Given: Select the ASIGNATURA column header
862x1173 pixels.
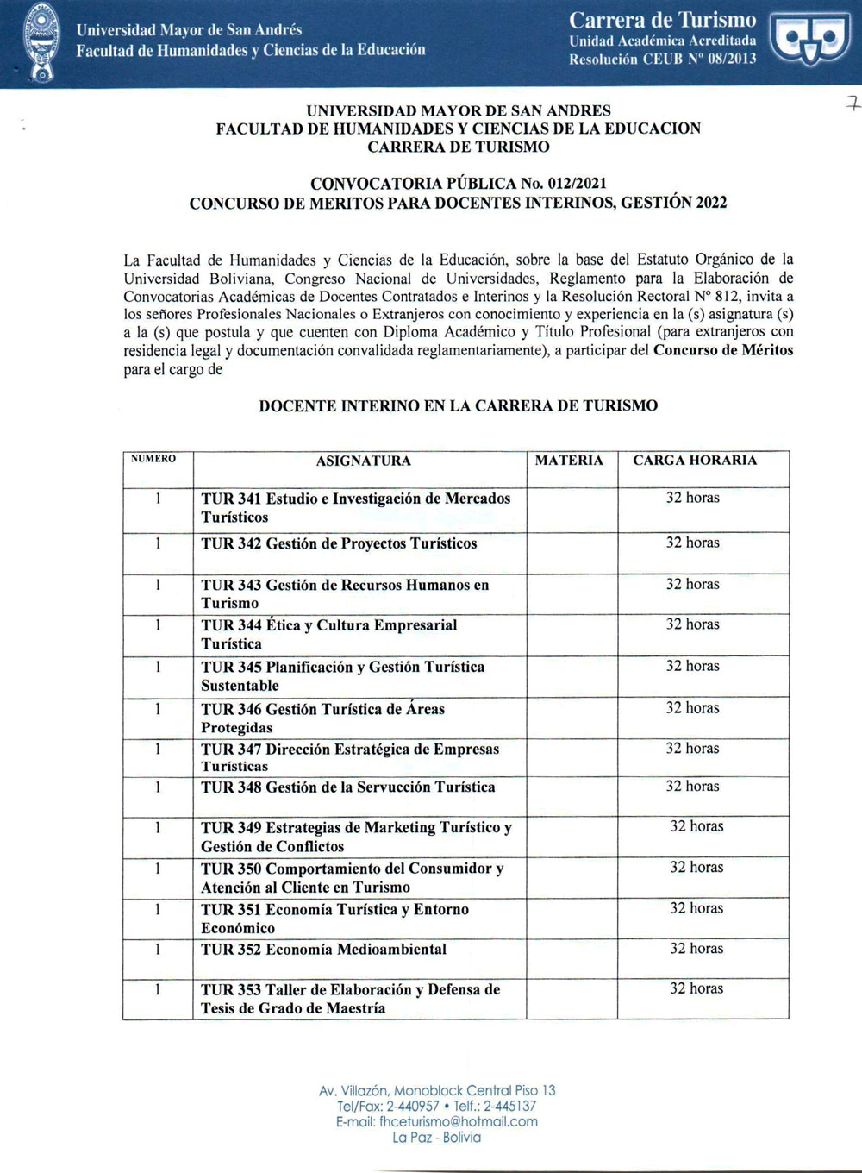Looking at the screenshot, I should pyautogui.click(x=363, y=461).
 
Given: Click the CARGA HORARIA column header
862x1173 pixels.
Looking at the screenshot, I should pyautogui.click(x=695, y=460).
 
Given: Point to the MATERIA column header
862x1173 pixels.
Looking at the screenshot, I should pyautogui.click(x=569, y=460).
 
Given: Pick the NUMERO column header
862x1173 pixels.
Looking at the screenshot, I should pyautogui.click(x=153, y=458).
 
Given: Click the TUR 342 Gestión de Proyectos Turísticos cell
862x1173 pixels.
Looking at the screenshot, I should pyautogui.click(x=339, y=543).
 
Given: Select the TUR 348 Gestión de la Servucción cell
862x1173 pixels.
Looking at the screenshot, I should pyautogui.click(x=348, y=787).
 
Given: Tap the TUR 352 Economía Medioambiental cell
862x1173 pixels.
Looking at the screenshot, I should pyautogui.click(x=323, y=949).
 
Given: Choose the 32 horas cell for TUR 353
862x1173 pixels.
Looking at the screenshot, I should pyautogui.click(x=696, y=988).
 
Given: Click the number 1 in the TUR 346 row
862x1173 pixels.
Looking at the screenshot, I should pyautogui.click(x=158, y=709).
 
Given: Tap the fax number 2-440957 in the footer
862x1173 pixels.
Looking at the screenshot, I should pyautogui.click(x=410, y=1106).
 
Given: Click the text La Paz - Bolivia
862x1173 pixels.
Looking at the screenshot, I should pyautogui.click(x=436, y=1138).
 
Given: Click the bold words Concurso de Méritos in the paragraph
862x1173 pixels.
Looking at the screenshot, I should pyautogui.click(x=723, y=350).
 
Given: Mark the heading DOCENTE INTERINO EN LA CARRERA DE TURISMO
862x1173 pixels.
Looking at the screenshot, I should pyautogui.click(x=458, y=405).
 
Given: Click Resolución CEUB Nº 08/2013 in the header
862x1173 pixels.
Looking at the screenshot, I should pyautogui.click(x=662, y=59).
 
